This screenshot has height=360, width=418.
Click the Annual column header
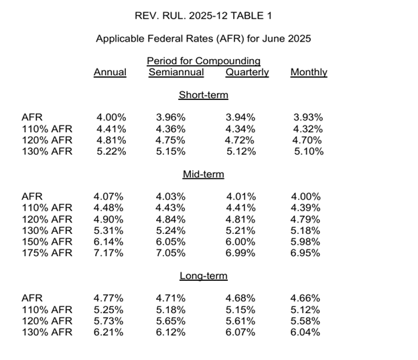pyautogui.click(x=110, y=72)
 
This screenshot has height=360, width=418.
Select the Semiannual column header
pyautogui.click(x=176, y=72)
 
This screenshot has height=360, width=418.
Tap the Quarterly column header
pyautogui.click(x=247, y=72)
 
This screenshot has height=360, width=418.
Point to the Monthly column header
pyautogui.click(x=309, y=72)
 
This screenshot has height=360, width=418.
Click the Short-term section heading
pyautogui.click(x=204, y=95)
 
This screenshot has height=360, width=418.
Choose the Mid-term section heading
pyautogui.click(x=204, y=174)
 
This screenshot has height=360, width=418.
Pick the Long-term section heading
pyautogui.click(x=204, y=276)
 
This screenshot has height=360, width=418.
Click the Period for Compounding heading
pyautogui.click(x=204, y=61)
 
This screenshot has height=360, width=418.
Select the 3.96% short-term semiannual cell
pyautogui.click(x=171, y=117)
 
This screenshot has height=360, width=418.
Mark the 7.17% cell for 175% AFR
pyautogui.click(x=109, y=253)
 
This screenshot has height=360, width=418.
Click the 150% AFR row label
pyautogui.click(x=47, y=242)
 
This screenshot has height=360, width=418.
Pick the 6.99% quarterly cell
pyautogui.click(x=240, y=253)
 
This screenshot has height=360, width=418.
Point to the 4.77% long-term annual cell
pyautogui.click(x=109, y=298)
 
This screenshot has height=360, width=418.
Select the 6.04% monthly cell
pyautogui.click(x=305, y=333)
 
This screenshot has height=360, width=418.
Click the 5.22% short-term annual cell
pyautogui.click(x=111, y=152)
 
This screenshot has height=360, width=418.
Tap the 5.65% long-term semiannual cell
pyautogui.click(x=171, y=321)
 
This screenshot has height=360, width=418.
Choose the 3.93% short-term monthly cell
pyautogui.click(x=308, y=117)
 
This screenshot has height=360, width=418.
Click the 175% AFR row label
pyautogui.click(x=47, y=253)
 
